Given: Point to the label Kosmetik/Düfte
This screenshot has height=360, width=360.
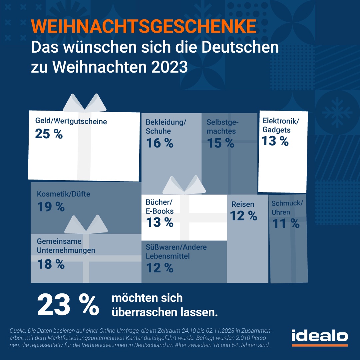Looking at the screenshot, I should click(63, 194).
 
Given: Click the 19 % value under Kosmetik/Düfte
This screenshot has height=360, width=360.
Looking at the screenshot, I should click(51, 207).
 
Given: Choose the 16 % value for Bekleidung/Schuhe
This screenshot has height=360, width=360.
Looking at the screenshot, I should click(160, 143).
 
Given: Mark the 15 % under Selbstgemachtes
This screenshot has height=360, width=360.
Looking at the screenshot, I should click(220, 143).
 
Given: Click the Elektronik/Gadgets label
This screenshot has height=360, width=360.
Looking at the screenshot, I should click(280, 125).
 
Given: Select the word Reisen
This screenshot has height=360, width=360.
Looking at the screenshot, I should click(243, 204).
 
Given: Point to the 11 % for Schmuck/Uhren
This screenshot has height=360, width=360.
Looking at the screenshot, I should click(286, 224).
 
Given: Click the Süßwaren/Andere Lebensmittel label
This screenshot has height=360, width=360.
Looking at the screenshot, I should click(176, 252).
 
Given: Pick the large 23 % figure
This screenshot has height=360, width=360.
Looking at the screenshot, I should click(68, 305).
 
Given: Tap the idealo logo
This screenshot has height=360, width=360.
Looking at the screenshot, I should click(319, 336).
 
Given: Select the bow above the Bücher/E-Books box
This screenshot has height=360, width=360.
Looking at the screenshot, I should click(184, 185).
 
